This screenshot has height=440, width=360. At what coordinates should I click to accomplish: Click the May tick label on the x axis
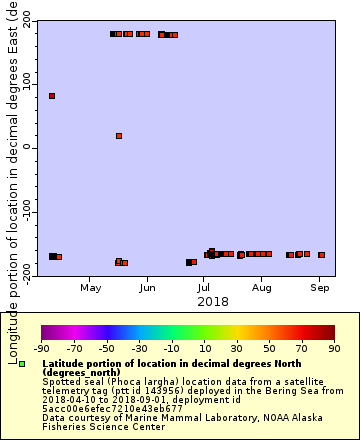click(x=92, y=288)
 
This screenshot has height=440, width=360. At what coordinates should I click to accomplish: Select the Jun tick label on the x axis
click(x=148, y=288)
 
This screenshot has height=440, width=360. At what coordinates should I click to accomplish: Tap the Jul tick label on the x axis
click(x=204, y=288)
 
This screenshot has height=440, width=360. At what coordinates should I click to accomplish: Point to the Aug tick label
click(x=261, y=288)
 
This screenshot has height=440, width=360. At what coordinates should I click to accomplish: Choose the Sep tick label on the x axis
click(x=320, y=288)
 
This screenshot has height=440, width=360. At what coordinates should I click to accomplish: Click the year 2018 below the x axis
click(x=212, y=301)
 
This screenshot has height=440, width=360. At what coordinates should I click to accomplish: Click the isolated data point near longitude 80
click(x=52, y=96)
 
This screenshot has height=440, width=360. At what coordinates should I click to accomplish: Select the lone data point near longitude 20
click(x=119, y=136)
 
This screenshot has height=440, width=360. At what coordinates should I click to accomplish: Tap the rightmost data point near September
click(x=321, y=255)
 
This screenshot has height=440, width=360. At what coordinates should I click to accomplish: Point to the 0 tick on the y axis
click(x=28, y=147)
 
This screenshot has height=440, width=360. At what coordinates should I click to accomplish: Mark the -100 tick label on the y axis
click(x=20, y=211)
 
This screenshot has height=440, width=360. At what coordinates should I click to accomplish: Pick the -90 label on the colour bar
click(x=41, y=349)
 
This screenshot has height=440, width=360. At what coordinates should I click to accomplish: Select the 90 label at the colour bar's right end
click(x=334, y=349)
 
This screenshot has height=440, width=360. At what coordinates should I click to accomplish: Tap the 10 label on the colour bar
click(x=204, y=349)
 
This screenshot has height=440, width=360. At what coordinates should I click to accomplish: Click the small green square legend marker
click(x=22, y=362)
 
